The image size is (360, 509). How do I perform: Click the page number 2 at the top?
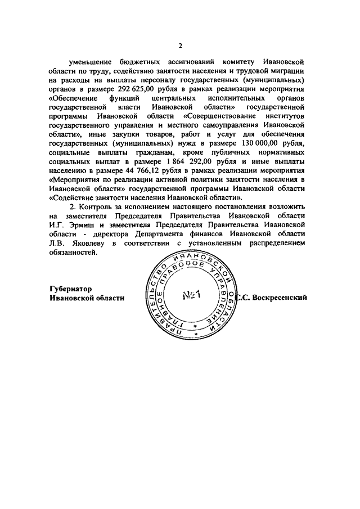(x=180, y=46)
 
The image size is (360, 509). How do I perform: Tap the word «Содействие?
(x=73, y=199)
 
